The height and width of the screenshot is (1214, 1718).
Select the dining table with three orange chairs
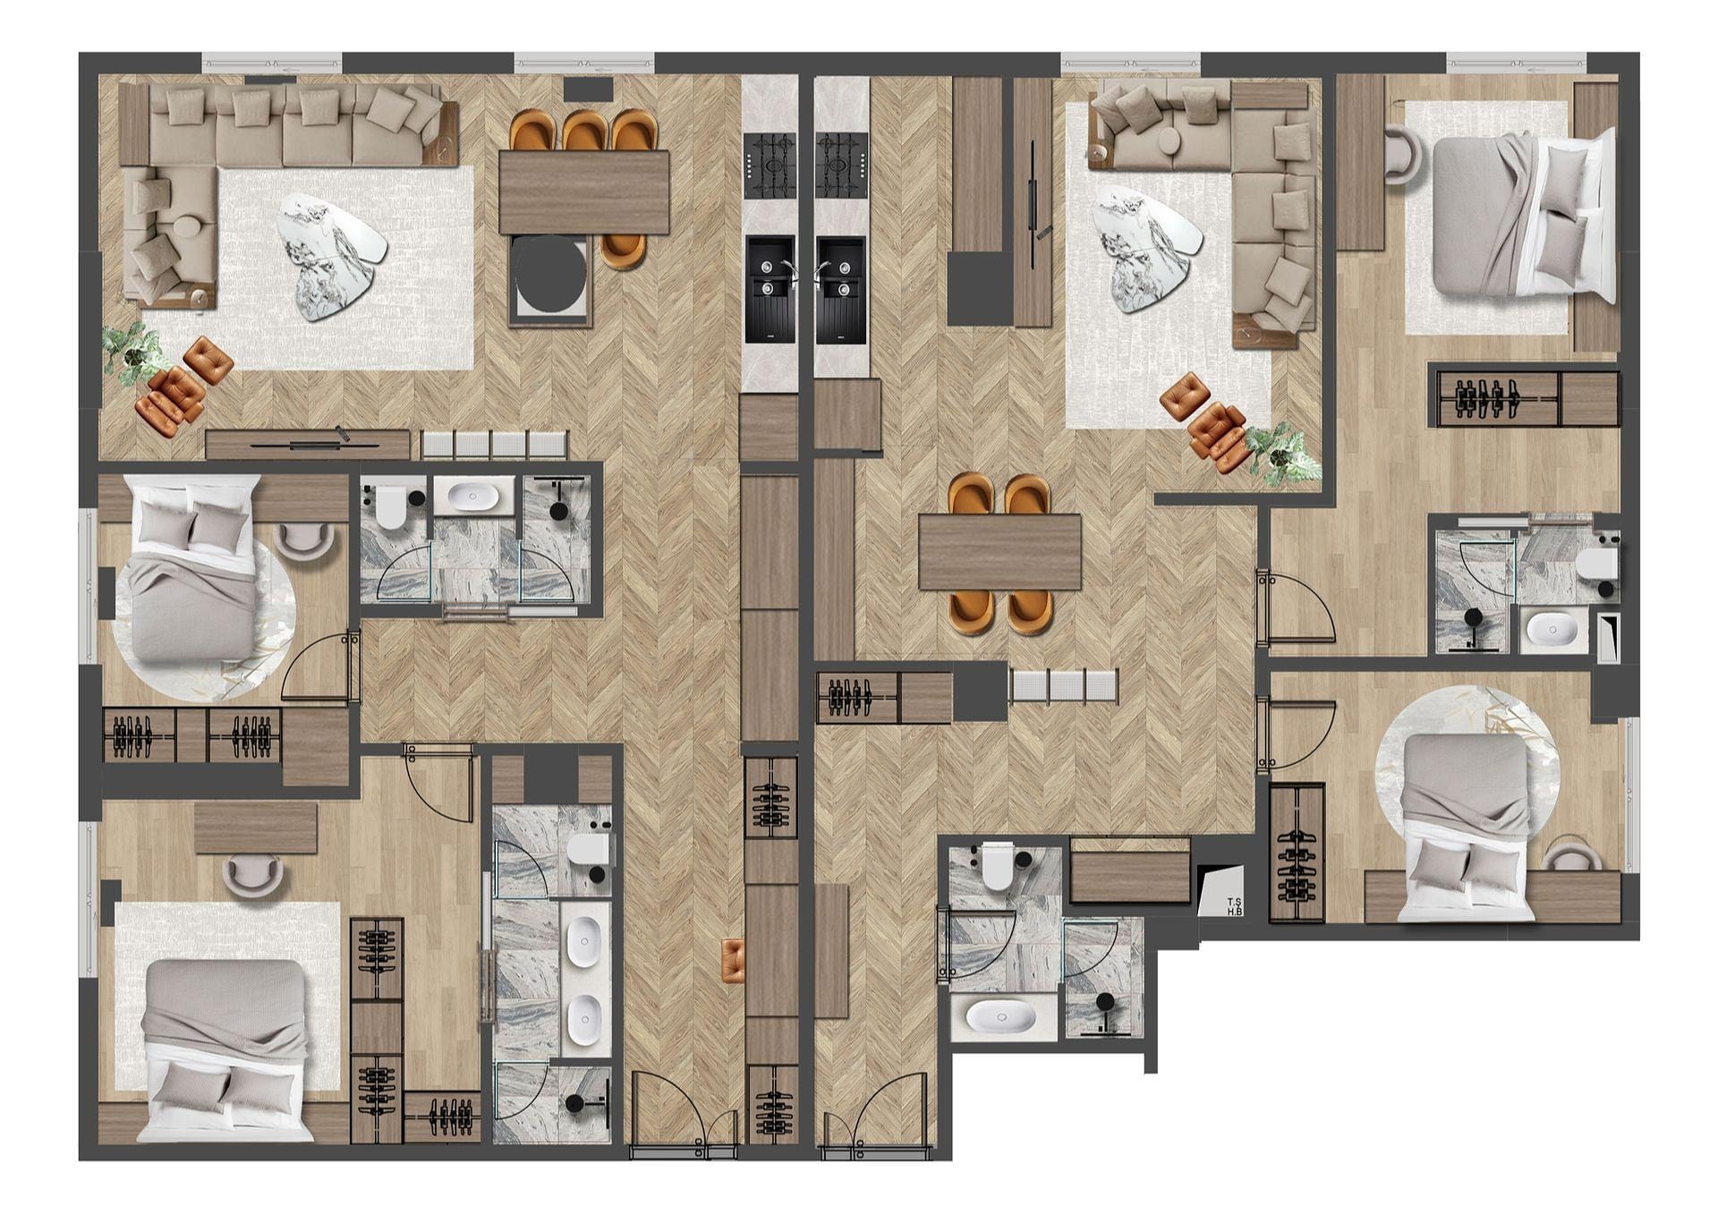tap(584, 192)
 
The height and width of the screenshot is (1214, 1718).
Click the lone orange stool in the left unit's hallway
tap(732, 960)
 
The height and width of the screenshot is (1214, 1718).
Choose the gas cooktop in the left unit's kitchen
tap(770, 166)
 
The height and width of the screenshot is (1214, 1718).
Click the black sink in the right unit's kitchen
tap(840, 290)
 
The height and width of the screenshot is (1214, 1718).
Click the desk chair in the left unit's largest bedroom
tap(251, 874)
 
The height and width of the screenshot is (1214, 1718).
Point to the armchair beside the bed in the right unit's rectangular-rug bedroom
tap(1405, 156)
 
